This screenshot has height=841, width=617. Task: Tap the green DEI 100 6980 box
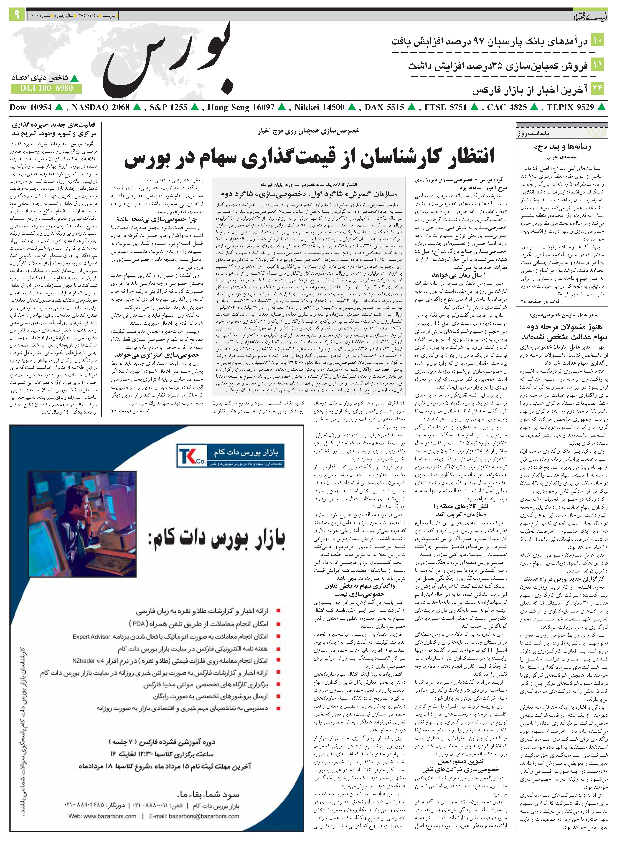click(x=46, y=88)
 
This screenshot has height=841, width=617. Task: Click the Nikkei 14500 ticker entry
click(x=319, y=108)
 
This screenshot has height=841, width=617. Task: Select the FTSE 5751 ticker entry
click(x=446, y=108)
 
